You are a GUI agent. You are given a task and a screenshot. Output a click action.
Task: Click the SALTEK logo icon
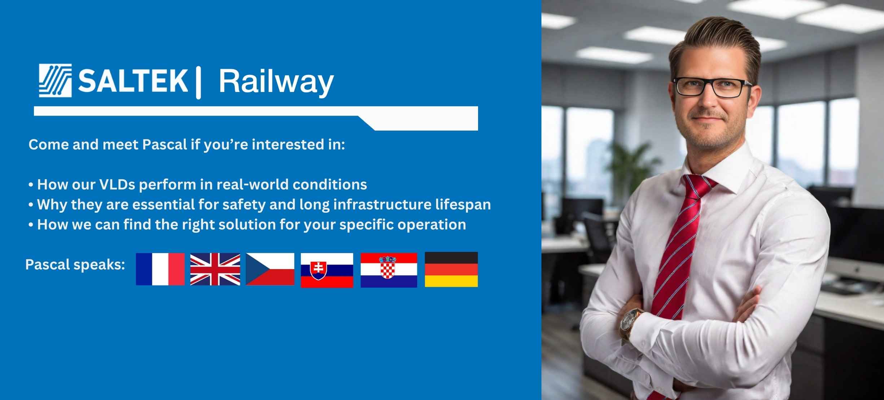(55, 80)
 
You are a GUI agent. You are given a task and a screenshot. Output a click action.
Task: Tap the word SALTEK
(133, 81)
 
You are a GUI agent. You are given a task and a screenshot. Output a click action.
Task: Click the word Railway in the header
(276, 81)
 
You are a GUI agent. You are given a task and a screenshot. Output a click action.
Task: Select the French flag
(160, 269)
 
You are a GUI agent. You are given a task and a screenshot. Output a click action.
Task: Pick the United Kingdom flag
(215, 269)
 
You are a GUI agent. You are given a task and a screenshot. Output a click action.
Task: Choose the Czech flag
(270, 269)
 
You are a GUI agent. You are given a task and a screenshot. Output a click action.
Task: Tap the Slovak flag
(327, 270)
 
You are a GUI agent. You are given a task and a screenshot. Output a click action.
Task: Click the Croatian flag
(389, 270)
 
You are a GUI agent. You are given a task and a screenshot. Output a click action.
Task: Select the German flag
(451, 270)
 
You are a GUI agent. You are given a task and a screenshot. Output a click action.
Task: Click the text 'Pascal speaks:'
(75, 265)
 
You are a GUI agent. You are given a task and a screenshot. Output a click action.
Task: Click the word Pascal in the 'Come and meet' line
(165, 145)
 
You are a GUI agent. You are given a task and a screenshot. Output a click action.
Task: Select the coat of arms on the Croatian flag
(388, 268)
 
